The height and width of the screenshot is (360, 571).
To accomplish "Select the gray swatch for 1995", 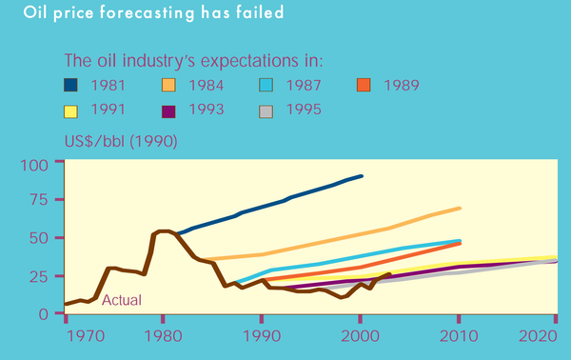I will click(x=271, y=110).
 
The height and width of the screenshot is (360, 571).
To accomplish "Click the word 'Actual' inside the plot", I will click(x=121, y=300).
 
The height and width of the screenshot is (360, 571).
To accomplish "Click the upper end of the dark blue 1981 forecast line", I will click(x=362, y=176).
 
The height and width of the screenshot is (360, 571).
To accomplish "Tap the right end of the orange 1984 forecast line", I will click(x=461, y=208).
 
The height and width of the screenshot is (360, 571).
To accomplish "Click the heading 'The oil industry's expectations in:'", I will click(x=193, y=61).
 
